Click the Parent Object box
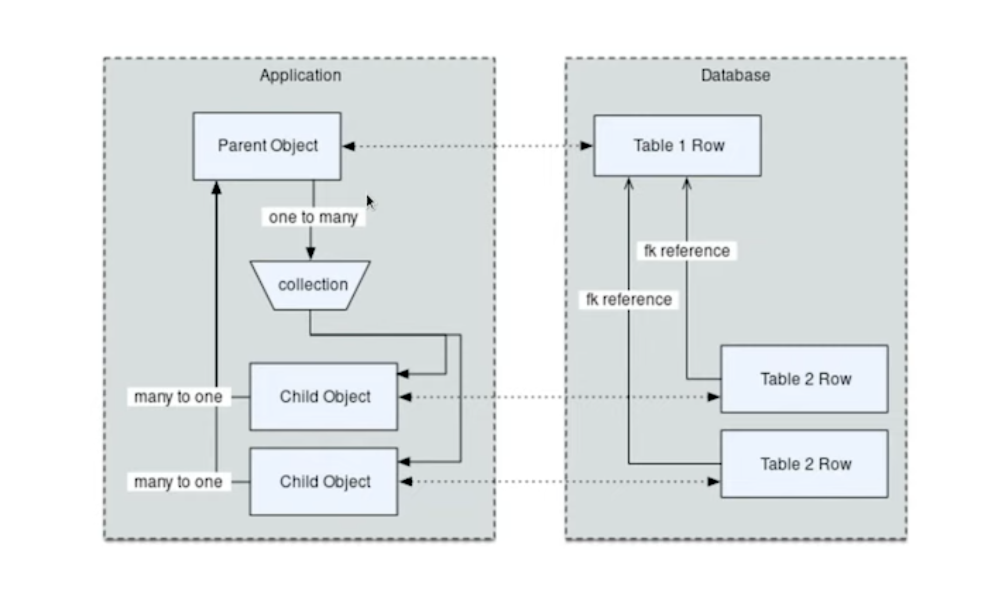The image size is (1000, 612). point(267,146)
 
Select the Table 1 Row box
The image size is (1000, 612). point(677,146)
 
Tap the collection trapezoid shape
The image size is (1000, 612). point(311,285)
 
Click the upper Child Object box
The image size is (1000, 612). point(324,397)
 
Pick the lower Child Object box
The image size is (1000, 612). point(324,482)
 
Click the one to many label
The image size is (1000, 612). point(313,217)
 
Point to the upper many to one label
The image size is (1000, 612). point(178,397)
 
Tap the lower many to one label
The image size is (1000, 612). point(178,482)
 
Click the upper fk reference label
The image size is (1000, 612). point(687,251)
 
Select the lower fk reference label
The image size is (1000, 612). point(628,300)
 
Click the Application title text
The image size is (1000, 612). point(300,75)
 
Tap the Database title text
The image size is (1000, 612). point(735,75)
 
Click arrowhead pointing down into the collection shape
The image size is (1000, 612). point(310,254)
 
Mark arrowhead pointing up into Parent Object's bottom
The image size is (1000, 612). point(217,187)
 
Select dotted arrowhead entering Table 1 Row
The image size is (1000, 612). point(587,146)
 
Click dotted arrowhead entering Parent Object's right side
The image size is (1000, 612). point(348,146)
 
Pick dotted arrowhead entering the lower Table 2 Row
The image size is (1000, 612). point(713,482)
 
